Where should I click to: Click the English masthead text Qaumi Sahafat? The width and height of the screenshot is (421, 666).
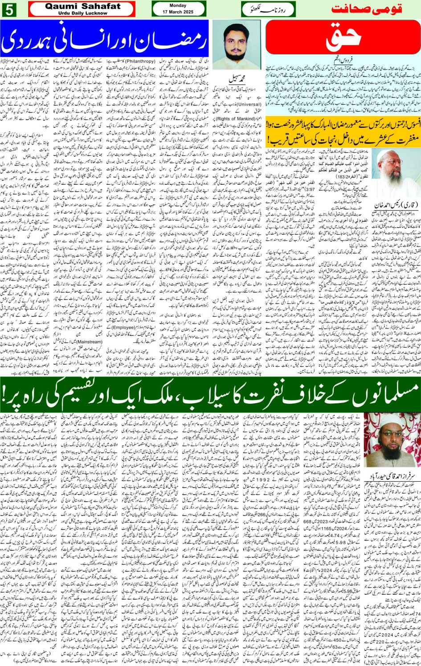[82, 6]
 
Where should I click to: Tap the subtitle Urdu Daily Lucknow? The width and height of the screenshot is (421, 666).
[82, 13]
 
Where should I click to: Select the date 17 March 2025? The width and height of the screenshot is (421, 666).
[178, 12]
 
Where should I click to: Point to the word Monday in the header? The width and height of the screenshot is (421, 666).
[178, 6]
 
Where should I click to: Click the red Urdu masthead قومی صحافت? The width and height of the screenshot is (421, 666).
[374, 9]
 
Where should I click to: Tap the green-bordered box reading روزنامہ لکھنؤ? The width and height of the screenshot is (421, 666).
[268, 9]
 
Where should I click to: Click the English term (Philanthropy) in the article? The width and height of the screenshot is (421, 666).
[140, 61]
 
